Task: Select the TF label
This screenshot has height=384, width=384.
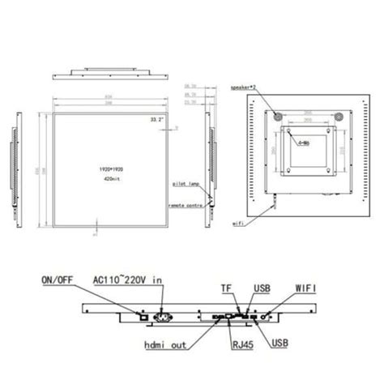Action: [x=228, y=287]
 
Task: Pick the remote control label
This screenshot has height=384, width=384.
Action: [x=187, y=207]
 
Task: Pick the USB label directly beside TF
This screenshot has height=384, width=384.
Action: [x=262, y=287]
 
